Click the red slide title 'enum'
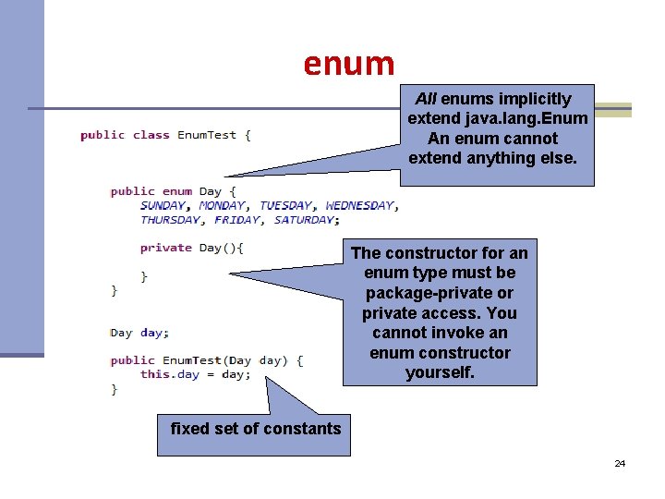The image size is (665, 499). [x=349, y=64]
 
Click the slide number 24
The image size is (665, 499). [x=620, y=463]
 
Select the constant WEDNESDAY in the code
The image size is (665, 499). [x=360, y=205]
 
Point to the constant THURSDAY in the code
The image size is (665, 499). [x=171, y=220]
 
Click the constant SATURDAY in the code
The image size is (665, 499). [x=306, y=220]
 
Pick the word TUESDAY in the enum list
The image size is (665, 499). [x=286, y=205]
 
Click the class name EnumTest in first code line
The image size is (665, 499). [x=207, y=135]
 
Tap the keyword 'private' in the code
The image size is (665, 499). [x=166, y=248]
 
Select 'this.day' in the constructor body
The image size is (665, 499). [x=170, y=374]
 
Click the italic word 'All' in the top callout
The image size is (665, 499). [x=426, y=99]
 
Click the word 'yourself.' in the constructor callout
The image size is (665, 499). [x=440, y=373]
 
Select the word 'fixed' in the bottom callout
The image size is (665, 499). [x=190, y=428]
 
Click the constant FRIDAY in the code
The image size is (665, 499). [x=236, y=220]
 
